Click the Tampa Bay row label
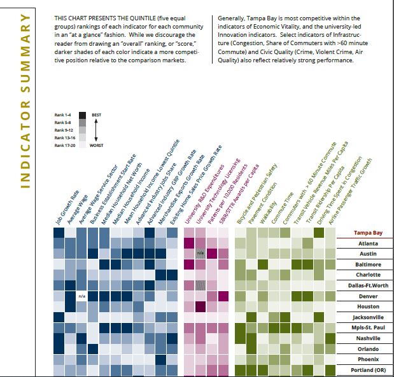coord(368,233)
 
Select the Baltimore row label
coord(368,264)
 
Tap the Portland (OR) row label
coord(368,370)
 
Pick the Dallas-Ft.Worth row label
coord(368,285)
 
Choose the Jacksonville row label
coord(368,317)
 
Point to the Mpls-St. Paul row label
coord(368,327)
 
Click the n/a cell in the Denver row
coord(81,296)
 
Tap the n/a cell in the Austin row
coord(201,254)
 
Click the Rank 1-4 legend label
coord(65,115)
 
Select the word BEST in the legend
coord(97,114)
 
